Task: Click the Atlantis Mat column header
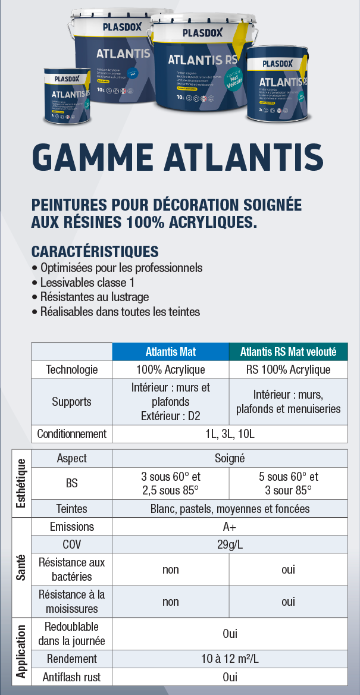tap(171, 352)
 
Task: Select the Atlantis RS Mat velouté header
tap(288, 352)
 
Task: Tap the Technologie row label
tap(72, 370)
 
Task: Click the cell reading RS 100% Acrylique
tap(288, 370)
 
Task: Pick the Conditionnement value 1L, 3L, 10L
tap(230, 434)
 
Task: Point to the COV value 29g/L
tap(230, 544)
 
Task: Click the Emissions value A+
tap(230, 527)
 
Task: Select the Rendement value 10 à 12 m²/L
tap(230, 659)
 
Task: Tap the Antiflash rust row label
tap(72, 677)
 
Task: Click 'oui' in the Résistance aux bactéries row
tap(288, 569)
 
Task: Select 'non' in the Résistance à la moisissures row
tap(171, 602)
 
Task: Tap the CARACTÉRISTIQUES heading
tap(95, 251)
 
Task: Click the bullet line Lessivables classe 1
tap(87, 283)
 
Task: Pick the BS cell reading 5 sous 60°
tap(288, 477)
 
